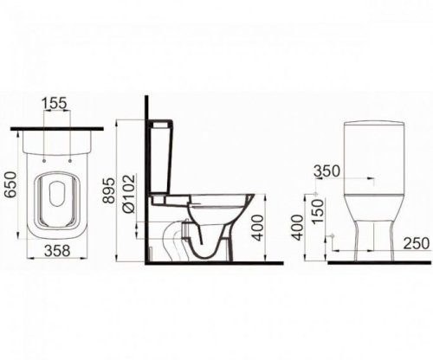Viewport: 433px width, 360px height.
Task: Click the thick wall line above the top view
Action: [60, 129]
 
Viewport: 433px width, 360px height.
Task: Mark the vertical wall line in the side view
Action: [145, 190]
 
